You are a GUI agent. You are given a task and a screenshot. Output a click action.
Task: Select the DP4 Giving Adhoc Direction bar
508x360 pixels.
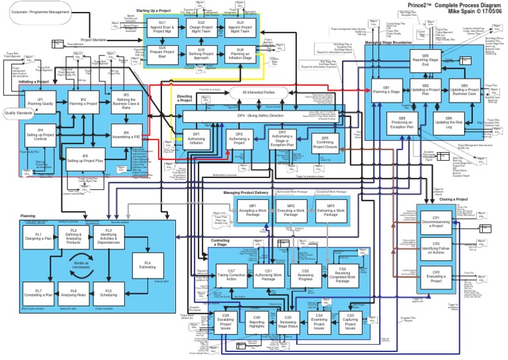pyautogui.click(x=261, y=116)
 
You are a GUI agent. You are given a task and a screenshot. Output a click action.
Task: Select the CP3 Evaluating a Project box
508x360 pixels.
pyautogui.click(x=436, y=277)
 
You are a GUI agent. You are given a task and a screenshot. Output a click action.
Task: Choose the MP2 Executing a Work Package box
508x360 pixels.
pyautogui.click(x=290, y=212)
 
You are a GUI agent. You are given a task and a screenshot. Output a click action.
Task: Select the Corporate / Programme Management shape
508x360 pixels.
pyautogui.click(x=40, y=11)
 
